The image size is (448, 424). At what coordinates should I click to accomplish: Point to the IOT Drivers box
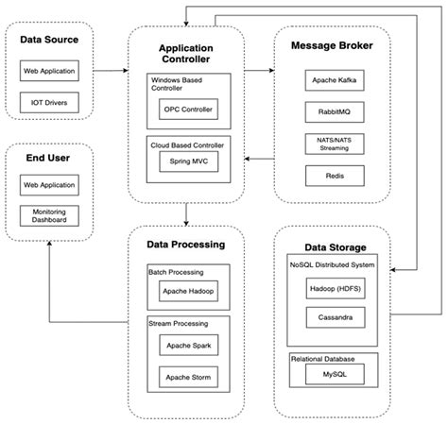pos(51,99)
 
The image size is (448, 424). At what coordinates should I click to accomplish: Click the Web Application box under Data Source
pos(51,71)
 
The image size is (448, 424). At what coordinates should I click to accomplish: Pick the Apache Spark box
pos(188,348)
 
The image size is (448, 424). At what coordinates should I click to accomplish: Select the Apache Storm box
pos(188,379)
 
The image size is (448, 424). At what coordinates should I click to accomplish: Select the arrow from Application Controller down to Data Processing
pos(186,213)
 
